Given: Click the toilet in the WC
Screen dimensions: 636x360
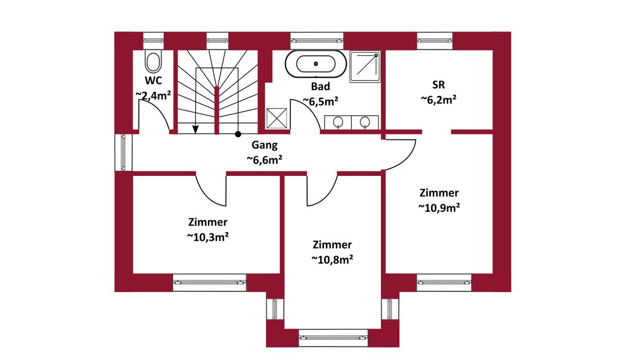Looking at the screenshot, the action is coord(153,62).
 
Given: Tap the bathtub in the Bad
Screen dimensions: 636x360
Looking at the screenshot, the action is coord(316,64).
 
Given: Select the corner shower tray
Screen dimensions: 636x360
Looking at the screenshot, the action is coord(365,67).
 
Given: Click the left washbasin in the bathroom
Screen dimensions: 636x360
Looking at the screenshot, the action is coord(338,122).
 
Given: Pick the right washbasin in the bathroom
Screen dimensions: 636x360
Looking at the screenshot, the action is coord(365,122).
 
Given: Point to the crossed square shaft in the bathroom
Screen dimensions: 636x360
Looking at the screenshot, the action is coord(276,118).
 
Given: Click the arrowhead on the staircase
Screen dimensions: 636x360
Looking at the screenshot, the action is coord(196,130).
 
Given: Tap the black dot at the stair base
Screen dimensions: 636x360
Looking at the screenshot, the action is coord(238,134).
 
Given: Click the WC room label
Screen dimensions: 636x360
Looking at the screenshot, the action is coord(153,81).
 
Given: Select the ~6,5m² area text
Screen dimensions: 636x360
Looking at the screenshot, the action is coord(321,101).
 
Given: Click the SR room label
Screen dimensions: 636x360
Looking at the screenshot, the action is coord(439,84).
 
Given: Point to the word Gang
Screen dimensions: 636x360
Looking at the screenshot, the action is coord(264,145).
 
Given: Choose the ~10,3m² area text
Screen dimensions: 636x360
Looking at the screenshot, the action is coord(208,237).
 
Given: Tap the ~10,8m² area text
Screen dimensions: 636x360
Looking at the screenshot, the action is coord(332,259).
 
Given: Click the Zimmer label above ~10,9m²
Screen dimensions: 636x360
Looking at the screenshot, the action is coord(439,193).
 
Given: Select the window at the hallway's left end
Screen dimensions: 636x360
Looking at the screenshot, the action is coord(123,153).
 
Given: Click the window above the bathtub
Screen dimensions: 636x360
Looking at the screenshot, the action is coord(316,41).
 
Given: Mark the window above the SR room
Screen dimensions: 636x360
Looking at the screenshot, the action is coord(435,41).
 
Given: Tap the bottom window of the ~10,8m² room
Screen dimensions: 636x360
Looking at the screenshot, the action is coord(333,338).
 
